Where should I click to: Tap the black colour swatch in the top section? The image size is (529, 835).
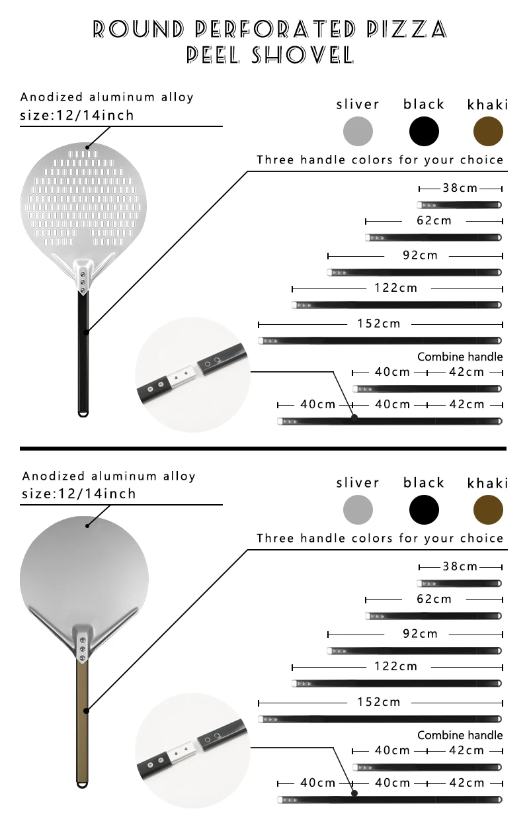[x=424, y=131]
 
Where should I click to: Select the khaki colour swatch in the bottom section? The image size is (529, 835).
[x=488, y=510]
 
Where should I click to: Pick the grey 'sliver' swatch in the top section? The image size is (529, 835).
[x=358, y=131]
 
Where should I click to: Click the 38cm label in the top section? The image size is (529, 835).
[x=460, y=188]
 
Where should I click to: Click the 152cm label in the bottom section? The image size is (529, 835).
[x=379, y=702]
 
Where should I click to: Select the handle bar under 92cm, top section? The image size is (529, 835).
[x=415, y=273]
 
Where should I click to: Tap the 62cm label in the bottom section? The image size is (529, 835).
[x=433, y=599]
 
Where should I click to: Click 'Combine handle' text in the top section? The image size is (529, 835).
[x=460, y=357]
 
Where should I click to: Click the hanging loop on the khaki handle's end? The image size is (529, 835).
[x=83, y=785]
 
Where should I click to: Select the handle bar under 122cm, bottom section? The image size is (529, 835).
[x=397, y=683]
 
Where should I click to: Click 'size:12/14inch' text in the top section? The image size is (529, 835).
[x=77, y=115]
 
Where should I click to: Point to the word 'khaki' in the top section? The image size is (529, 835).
[x=487, y=105]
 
